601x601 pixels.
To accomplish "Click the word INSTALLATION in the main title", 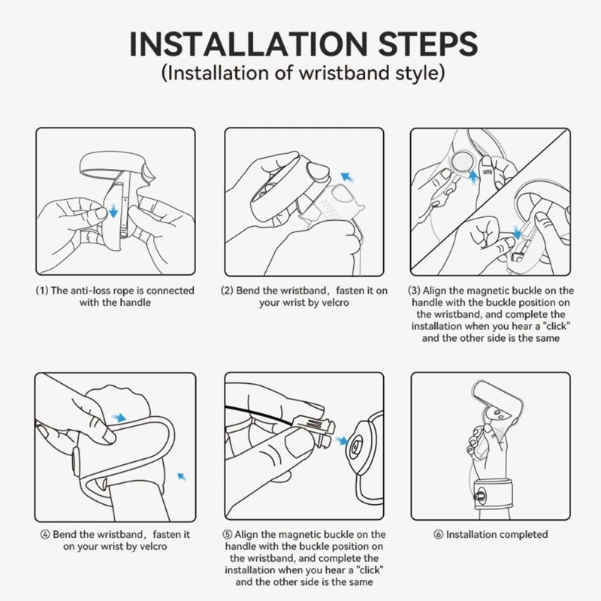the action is click(249, 44).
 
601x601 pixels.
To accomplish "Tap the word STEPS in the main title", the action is click(428, 44).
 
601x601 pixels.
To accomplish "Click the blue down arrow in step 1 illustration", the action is click(113, 210).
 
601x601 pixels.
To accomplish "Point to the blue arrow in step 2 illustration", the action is click(348, 177).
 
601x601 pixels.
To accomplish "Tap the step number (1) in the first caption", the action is click(42, 291).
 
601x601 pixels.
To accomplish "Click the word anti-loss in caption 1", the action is click(90, 291).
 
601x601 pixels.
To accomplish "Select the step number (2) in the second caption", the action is click(227, 291).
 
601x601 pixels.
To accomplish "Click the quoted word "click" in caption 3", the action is click(557, 326).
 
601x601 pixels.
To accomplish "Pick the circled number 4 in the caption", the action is click(45, 534).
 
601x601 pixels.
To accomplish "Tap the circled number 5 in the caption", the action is click(228, 534).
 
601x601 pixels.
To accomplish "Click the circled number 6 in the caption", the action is click(439, 534).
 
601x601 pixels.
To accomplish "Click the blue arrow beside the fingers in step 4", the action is click(119, 417).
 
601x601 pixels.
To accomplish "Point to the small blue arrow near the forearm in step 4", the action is click(182, 476).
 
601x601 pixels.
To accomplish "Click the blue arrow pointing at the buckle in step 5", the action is click(341, 440).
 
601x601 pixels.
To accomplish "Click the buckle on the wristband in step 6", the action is click(479, 497).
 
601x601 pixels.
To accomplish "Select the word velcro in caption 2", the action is click(335, 303).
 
